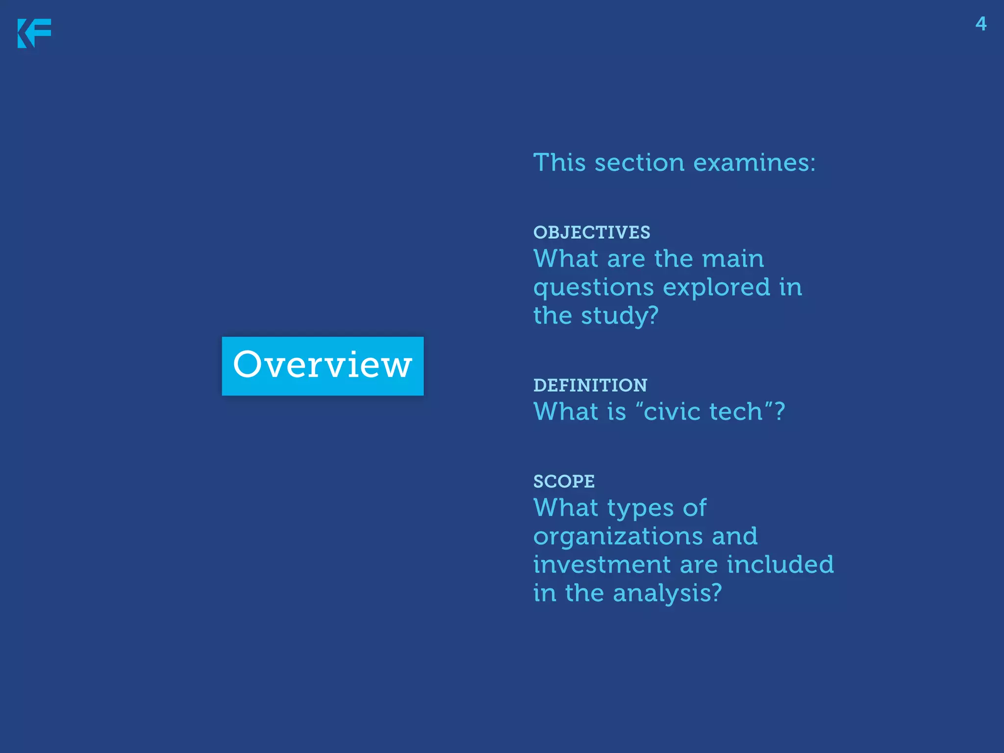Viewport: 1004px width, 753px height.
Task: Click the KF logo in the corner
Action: click(34, 33)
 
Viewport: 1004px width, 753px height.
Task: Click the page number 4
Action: click(980, 24)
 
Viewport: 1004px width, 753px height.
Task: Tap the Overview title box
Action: click(323, 366)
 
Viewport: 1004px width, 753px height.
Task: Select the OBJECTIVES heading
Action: click(592, 232)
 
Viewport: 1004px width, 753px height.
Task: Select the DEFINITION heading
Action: click(590, 385)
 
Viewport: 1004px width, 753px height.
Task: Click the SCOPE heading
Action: click(564, 481)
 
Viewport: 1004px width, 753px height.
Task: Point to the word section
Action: click(639, 162)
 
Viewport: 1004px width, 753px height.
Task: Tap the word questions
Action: click(594, 288)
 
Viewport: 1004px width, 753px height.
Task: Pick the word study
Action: click(619, 316)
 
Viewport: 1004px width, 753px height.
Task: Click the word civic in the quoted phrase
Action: click(671, 411)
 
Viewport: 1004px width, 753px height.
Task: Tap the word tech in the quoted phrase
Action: click(736, 411)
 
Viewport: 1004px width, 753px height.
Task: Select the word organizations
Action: click(618, 537)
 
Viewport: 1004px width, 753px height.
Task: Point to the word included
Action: click(780, 564)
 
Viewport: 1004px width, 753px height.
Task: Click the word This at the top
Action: click(559, 162)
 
